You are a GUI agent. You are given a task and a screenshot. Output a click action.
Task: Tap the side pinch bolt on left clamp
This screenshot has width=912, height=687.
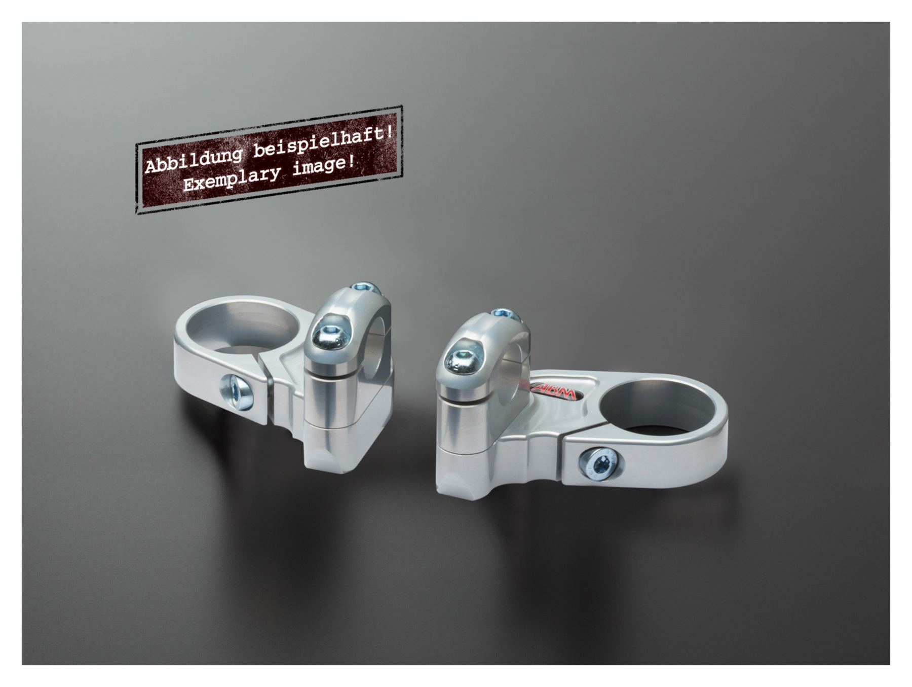(236, 391)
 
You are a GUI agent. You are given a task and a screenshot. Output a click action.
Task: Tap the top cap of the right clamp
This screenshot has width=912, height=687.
(481, 350)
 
